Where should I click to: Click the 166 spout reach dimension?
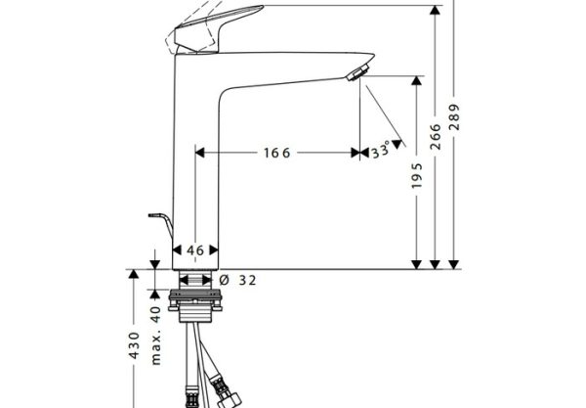(x=277, y=153)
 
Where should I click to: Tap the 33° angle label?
(x=381, y=150)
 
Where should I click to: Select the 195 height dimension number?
(x=416, y=175)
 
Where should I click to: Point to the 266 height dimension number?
(x=436, y=137)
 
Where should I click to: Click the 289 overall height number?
(x=454, y=117)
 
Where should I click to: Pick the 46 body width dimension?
(x=195, y=250)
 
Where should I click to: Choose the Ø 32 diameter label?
(x=237, y=280)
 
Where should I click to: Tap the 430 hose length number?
(x=134, y=345)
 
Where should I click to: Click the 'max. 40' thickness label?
(x=155, y=336)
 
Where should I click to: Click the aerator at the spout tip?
(x=358, y=72)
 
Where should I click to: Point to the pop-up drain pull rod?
(x=161, y=224)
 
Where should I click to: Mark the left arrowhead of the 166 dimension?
(x=199, y=153)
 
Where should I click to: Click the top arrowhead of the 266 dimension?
(x=435, y=10)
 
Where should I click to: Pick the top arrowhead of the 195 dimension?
(x=416, y=80)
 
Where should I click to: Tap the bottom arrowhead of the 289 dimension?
(x=454, y=264)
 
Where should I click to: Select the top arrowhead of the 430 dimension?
(x=134, y=274)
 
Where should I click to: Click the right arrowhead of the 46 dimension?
(x=214, y=250)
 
